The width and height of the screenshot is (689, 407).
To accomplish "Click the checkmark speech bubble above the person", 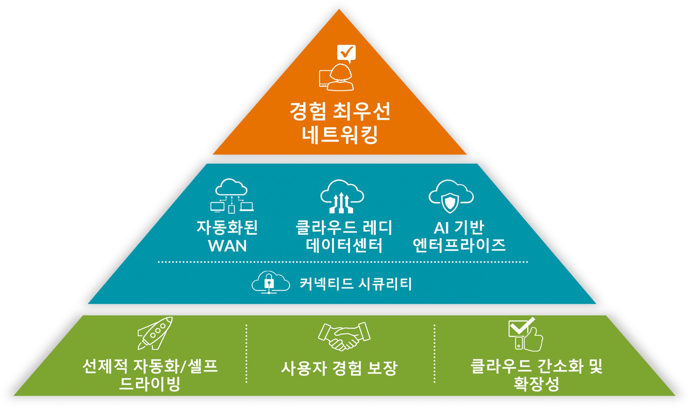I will tap(346, 53).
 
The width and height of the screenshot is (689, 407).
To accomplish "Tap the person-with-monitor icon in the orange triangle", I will tap(337, 78).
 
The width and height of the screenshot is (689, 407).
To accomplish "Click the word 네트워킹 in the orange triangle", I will tap(340, 135).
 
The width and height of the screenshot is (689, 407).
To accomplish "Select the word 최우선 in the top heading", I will tap(361, 112).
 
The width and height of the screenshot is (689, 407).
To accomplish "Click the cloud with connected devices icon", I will tap(231, 196).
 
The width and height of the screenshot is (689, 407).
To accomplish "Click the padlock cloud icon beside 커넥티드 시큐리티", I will tap(270, 283).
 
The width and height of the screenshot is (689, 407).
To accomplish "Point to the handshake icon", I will tap(344, 336).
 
